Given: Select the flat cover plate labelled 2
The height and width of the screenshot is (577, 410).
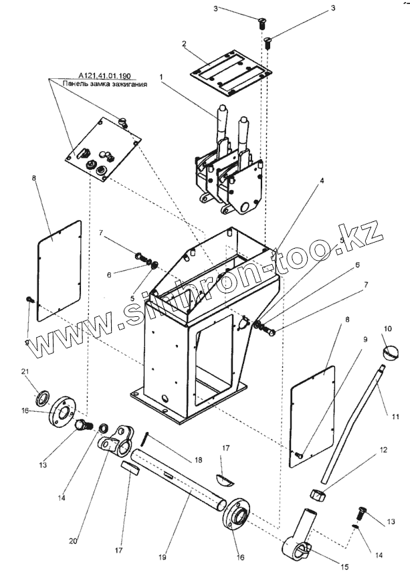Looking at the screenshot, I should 231,73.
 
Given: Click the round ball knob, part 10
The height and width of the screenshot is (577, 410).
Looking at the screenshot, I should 391,350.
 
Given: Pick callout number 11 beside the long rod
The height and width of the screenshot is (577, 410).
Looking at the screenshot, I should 395,417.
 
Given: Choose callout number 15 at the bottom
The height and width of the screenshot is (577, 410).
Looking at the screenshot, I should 345,567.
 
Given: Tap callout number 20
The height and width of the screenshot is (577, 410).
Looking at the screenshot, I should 74,540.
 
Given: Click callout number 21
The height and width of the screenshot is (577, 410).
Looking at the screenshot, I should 25,372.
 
